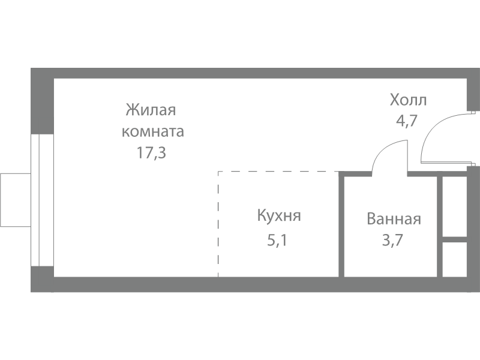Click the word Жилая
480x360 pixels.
(x=151, y=111)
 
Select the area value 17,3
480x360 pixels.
(x=151, y=152)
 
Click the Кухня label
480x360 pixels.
(x=279, y=216)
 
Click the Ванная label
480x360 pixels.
(x=394, y=219)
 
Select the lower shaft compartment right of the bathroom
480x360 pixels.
(x=454, y=259)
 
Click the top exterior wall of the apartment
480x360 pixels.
(x=252, y=73)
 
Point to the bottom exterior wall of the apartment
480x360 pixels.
(x=252, y=284)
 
